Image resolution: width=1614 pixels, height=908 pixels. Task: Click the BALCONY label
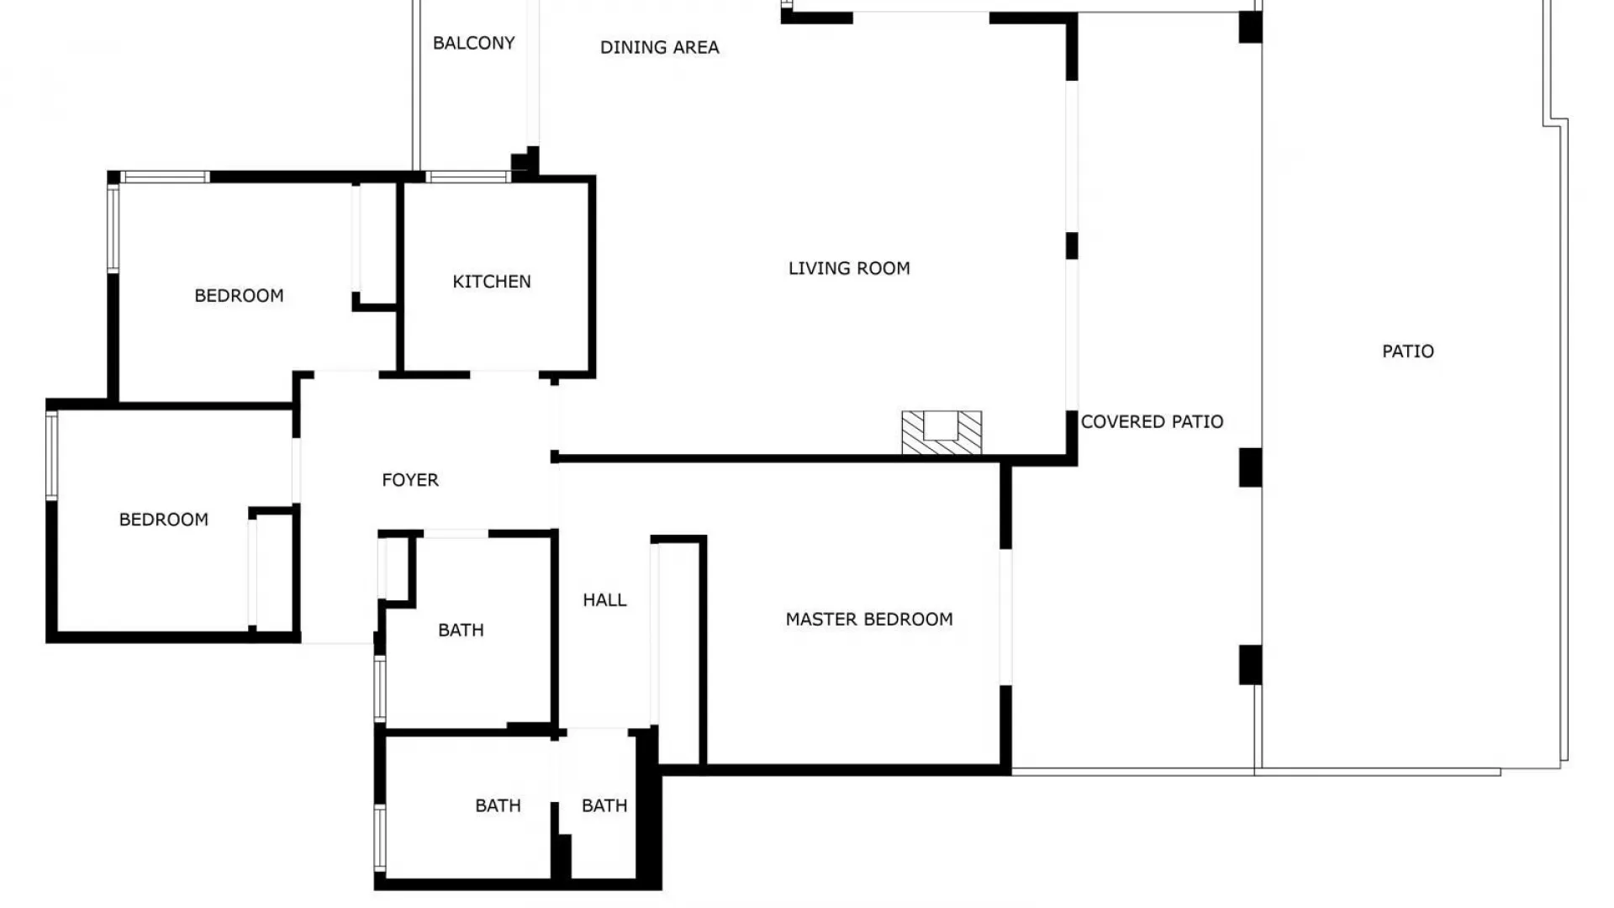473,43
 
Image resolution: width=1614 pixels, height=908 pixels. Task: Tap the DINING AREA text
659,47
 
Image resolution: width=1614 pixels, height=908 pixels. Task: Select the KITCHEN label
492,282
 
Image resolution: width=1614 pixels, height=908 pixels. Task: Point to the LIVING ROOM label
849,268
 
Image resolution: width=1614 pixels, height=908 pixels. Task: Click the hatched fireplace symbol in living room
941,432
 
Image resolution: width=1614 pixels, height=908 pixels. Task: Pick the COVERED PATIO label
1152,421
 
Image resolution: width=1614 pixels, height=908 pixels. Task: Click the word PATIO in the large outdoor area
1408,351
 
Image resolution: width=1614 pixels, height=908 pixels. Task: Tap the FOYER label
410,480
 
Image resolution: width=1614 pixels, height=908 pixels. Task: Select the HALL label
604,599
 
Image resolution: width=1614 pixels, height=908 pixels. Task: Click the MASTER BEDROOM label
869,620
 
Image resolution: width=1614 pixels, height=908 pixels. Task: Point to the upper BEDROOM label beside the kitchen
239,296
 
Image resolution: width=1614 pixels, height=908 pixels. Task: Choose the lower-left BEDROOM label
164,520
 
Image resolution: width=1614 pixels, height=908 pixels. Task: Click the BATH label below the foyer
461,630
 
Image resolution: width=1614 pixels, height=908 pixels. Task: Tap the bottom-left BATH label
498,805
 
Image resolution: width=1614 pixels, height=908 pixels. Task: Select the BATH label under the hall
604,805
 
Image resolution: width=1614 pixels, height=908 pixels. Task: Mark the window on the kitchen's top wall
467,177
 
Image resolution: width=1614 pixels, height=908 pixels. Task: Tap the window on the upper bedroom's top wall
165,177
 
